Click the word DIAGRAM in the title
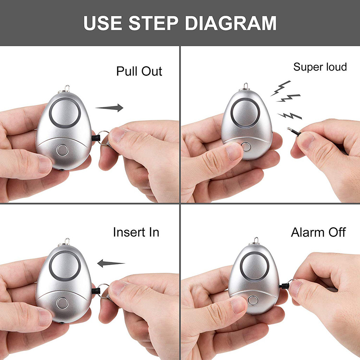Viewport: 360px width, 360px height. [x=231, y=23]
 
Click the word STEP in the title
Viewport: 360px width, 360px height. [x=153, y=23]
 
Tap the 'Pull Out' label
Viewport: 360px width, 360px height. [x=139, y=71]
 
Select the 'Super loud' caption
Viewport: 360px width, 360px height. [x=320, y=67]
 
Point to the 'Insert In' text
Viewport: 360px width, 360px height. [x=136, y=232]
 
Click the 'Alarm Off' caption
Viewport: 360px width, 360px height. [x=318, y=232]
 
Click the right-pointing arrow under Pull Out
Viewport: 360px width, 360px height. [x=109, y=108]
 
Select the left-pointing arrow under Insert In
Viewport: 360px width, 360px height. [x=111, y=263]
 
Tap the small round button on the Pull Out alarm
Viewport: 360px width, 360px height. [x=63, y=150]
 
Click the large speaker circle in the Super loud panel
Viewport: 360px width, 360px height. [x=245, y=113]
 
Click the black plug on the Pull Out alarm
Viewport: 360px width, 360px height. [x=96, y=138]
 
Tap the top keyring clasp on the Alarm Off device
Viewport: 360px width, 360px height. [x=256, y=241]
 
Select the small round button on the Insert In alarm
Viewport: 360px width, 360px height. [x=63, y=303]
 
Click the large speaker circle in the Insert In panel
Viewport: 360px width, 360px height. [x=65, y=266]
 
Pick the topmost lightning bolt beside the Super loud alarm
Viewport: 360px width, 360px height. [x=281, y=88]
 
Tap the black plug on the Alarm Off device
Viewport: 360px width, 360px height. [x=284, y=286]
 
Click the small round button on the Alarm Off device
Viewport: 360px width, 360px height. [x=253, y=300]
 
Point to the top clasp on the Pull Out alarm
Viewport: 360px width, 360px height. [x=67, y=89]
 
